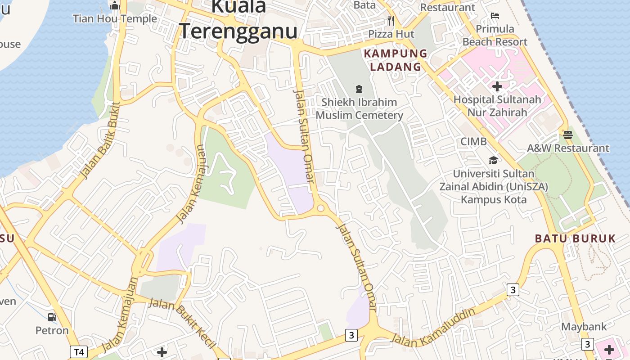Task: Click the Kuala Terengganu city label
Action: click(x=238, y=20)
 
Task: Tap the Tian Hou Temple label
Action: click(x=115, y=18)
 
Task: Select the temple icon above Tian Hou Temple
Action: click(x=115, y=5)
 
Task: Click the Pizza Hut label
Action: click(x=391, y=34)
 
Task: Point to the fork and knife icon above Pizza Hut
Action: click(x=391, y=20)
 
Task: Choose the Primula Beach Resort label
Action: click(x=495, y=36)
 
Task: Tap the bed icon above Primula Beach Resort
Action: click(x=495, y=16)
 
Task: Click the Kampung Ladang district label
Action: click(x=396, y=60)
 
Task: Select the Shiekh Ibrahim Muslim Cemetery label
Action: click(x=359, y=108)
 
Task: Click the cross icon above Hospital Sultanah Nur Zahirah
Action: click(x=497, y=86)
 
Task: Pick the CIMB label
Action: click(x=473, y=141)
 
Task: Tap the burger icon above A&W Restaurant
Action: click(x=567, y=135)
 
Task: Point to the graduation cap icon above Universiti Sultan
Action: click(x=494, y=160)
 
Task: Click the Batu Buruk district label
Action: click(x=575, y=238)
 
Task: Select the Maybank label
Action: click(x=584, y=327)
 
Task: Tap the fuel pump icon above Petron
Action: click(x=52, y=317)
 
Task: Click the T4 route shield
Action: click(x=78, y=351)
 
